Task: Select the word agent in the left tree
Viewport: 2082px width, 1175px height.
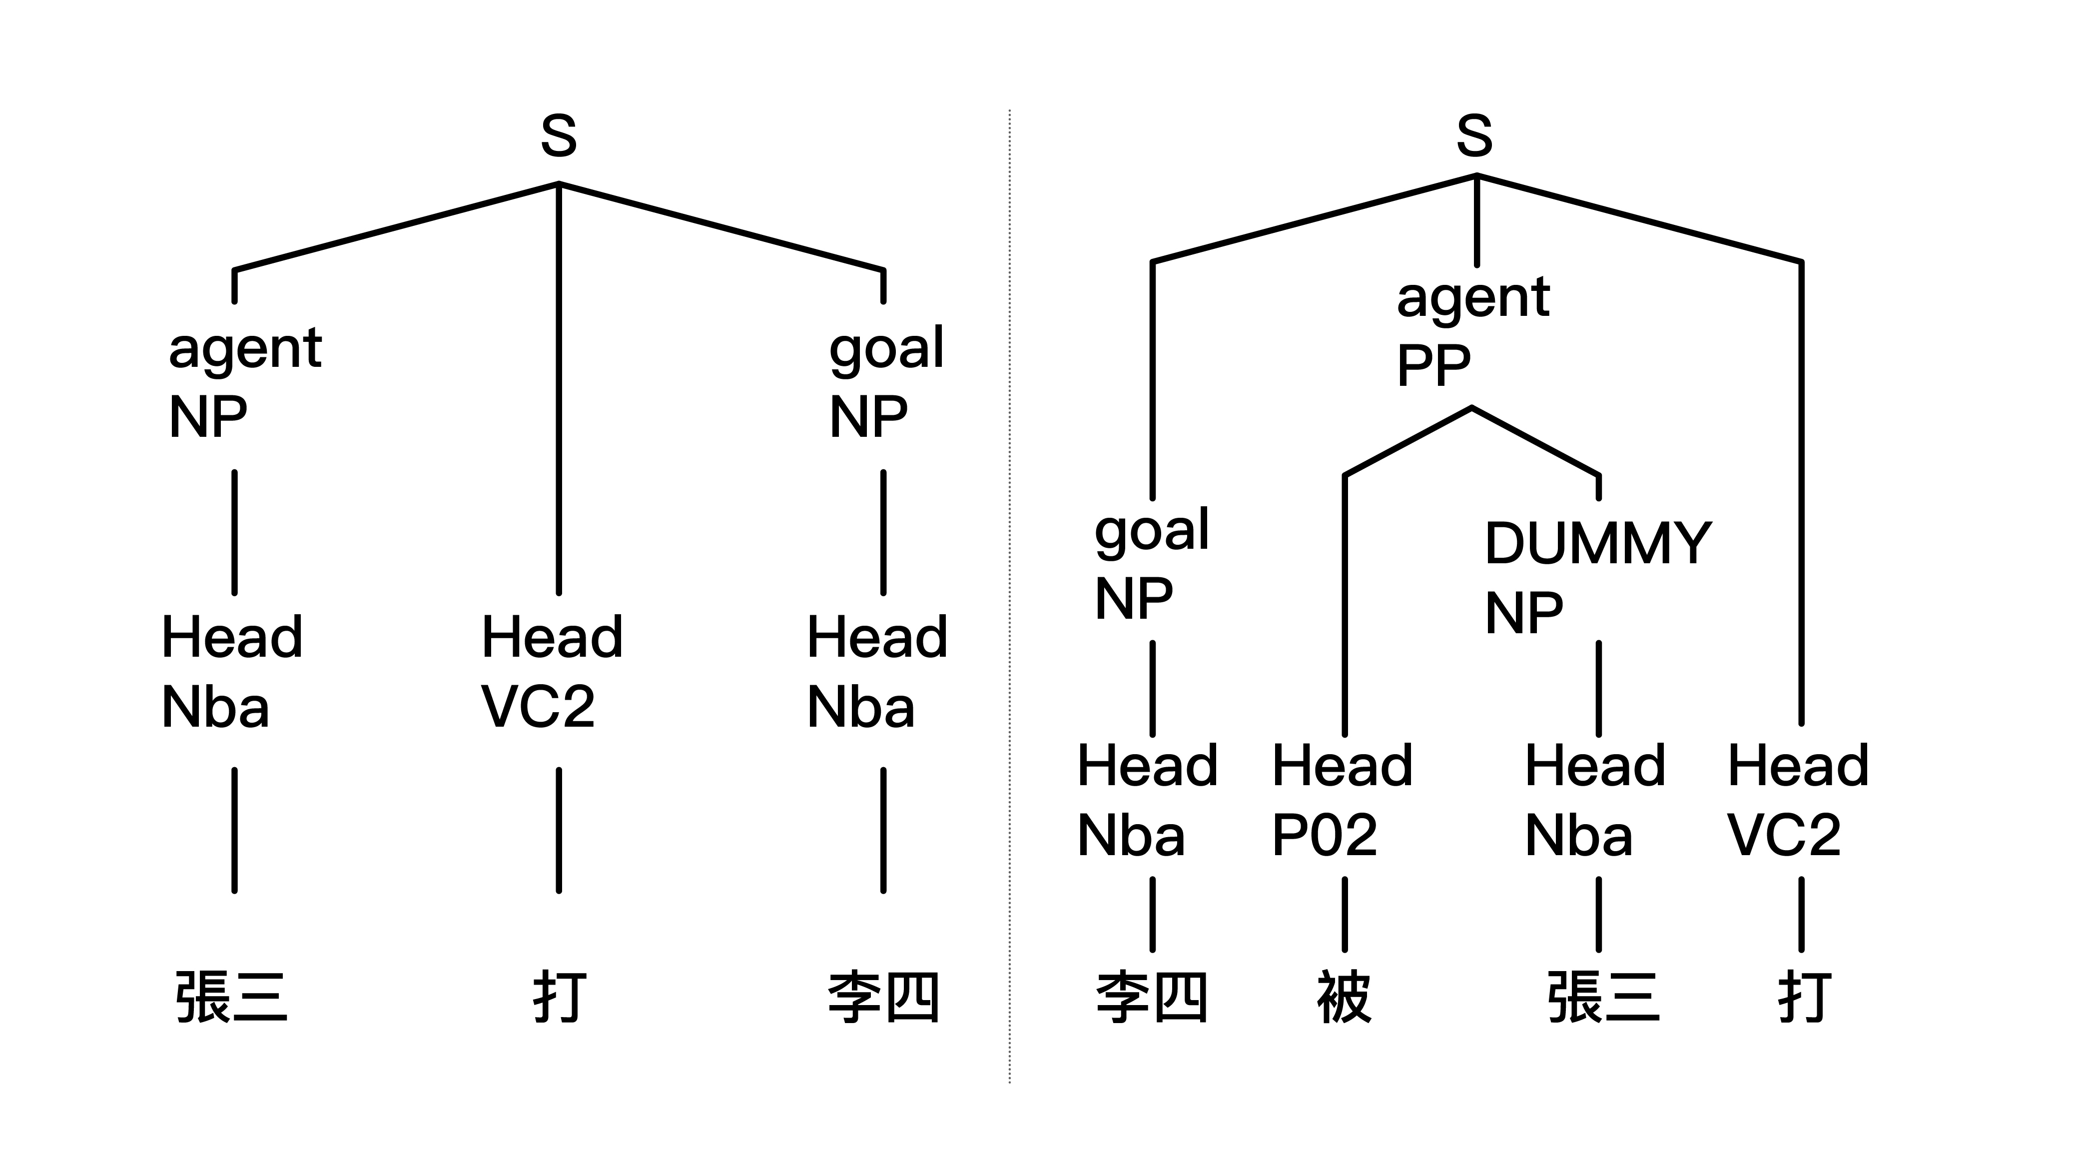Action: pyautogui.click(x=245, y=349)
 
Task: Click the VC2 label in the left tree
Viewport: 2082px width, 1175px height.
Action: pyautogui.click(x=538, y=707)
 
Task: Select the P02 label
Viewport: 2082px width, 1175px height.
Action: pyautogui.click(x=1325, y=835)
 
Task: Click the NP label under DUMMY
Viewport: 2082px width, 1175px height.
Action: pyautogui.click(x=1523, y=613)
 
